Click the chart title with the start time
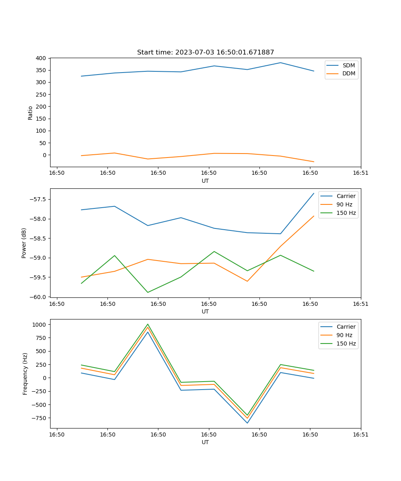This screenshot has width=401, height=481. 205,53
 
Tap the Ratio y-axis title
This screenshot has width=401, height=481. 30,113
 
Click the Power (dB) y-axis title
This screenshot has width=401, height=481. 24,243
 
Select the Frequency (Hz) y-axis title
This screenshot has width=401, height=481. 25,374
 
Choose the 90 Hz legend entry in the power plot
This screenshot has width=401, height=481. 344,204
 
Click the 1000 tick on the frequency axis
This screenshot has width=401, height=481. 40,324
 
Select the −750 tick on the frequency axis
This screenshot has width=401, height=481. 40,418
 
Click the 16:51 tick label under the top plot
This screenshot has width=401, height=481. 361,173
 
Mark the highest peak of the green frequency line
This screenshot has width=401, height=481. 148,324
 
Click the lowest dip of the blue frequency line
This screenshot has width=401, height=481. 247,423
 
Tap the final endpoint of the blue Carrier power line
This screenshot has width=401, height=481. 314,193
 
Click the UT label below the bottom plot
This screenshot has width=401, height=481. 205,442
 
